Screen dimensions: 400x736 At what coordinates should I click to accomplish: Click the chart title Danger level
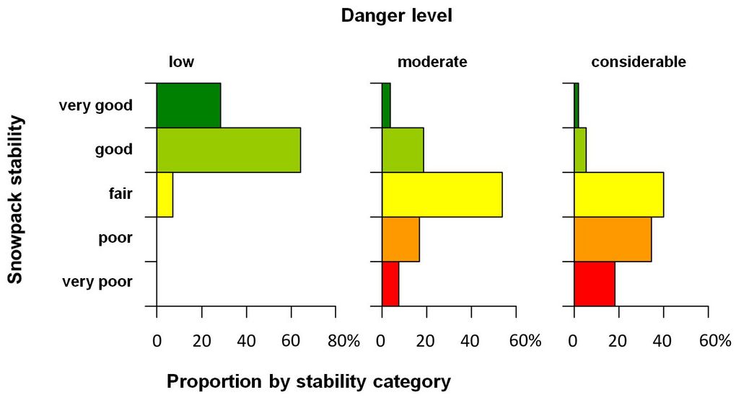pyautogui.click(x=397, y=15)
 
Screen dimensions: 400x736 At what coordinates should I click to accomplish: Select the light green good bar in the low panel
pyautogui.click(x=228, y=150)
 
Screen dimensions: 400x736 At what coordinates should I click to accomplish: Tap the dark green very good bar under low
pyautogui.click(x=188, y=105)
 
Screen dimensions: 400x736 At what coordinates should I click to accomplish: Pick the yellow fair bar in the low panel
pyautogui.click(x=165, y=195)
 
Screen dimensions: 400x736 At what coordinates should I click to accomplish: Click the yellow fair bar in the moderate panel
pyautogui.click(x=442, y=195)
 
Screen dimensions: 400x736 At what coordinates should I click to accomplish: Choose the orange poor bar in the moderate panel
pyautogui.click(x=400, y=239)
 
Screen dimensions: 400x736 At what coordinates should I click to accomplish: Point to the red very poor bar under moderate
pyautogui.click(x=390, y=284)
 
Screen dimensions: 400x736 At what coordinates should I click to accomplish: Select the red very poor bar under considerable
pyautogui.click(x=595, y=284)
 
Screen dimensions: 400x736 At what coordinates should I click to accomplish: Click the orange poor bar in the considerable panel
pyautogui.click(x=613, y=239)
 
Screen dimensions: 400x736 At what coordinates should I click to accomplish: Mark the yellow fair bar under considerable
pyautogui.click(x=618, y=195)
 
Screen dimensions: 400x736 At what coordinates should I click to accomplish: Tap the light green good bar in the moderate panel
pyautogui.click(x=403, y=150)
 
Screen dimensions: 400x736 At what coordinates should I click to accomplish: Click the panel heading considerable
pyautogui.click(x=638, y=62)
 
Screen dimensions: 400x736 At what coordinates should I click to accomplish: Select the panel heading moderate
pyautogui.click(x=432, y=62)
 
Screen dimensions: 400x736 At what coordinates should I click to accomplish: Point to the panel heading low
pyautogui.click(x=181, y=62)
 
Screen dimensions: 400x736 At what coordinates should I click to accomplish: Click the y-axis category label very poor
pyautogui.click(x=98, y=282)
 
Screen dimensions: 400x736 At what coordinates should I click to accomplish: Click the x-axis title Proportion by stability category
pyautogui.click(x=309, y=381)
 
